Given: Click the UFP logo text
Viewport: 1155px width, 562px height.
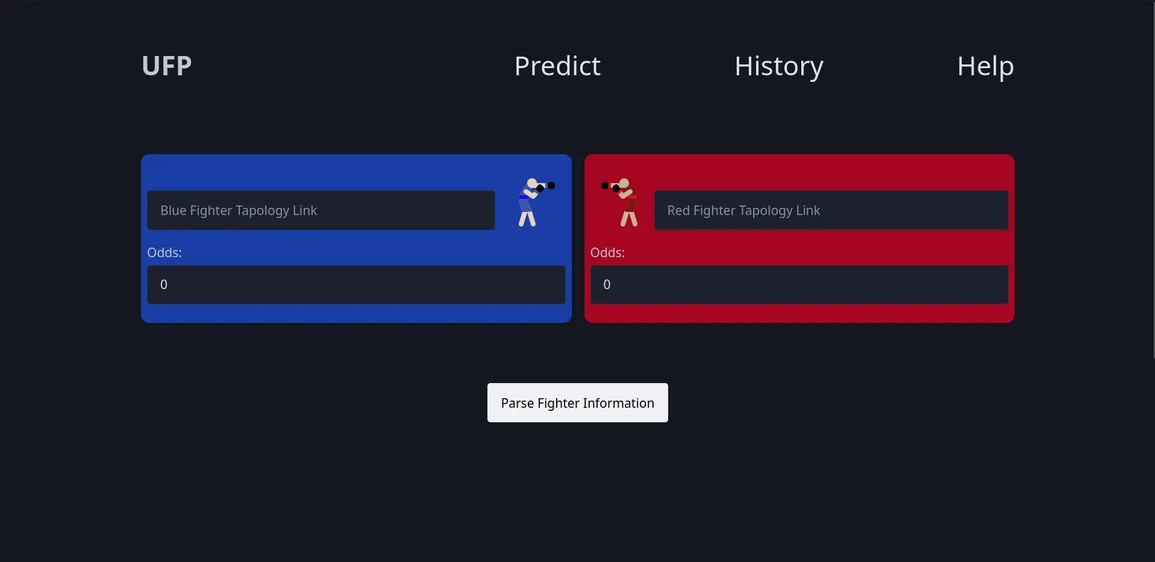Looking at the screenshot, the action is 167,66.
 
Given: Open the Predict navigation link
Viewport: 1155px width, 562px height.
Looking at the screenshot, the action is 557,66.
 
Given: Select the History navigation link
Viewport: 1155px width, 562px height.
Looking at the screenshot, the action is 778,66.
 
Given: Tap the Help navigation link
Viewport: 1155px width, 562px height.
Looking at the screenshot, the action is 985,66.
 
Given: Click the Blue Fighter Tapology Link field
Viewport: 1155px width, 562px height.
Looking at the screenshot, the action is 321,210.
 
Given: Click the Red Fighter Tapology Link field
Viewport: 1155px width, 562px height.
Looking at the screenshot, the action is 831,210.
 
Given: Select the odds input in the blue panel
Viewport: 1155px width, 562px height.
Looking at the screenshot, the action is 356,284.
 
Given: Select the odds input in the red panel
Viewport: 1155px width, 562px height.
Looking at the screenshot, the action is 799,284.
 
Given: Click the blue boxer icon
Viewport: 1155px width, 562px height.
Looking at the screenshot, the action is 536,202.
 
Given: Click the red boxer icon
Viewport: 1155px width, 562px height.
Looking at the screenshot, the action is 620,202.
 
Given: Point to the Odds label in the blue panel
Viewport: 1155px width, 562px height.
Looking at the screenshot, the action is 164,252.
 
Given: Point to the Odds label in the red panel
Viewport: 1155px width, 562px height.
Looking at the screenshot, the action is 607,252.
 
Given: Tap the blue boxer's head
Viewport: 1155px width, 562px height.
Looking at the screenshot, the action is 532,183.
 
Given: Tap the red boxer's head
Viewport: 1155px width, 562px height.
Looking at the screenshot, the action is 624,183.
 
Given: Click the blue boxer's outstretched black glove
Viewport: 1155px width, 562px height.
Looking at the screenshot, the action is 551,186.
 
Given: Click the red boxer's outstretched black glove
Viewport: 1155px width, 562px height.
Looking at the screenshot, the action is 605,186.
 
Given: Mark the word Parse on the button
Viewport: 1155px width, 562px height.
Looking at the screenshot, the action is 518,403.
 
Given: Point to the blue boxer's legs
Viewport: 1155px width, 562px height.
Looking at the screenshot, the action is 527,219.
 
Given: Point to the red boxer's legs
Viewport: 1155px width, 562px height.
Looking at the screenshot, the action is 629,219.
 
